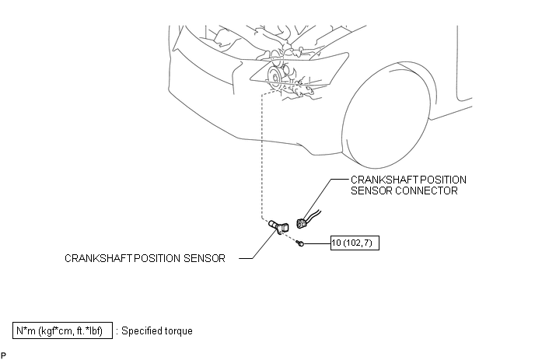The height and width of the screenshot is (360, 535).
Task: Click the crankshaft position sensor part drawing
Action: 278,226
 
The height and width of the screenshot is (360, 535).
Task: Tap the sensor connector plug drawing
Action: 302,223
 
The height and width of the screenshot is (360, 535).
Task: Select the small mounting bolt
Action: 301,243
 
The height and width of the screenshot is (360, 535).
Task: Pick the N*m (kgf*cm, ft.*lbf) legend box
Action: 62,330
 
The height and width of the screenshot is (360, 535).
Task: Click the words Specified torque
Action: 157,330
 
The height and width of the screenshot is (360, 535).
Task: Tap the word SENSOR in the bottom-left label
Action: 205,258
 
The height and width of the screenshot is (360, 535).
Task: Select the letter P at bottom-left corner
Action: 3,355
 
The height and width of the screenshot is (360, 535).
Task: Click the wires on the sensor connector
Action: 314,215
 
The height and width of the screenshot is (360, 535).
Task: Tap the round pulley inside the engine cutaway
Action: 274,76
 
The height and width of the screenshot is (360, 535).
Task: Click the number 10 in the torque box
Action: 336,243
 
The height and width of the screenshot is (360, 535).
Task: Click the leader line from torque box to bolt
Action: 317,243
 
